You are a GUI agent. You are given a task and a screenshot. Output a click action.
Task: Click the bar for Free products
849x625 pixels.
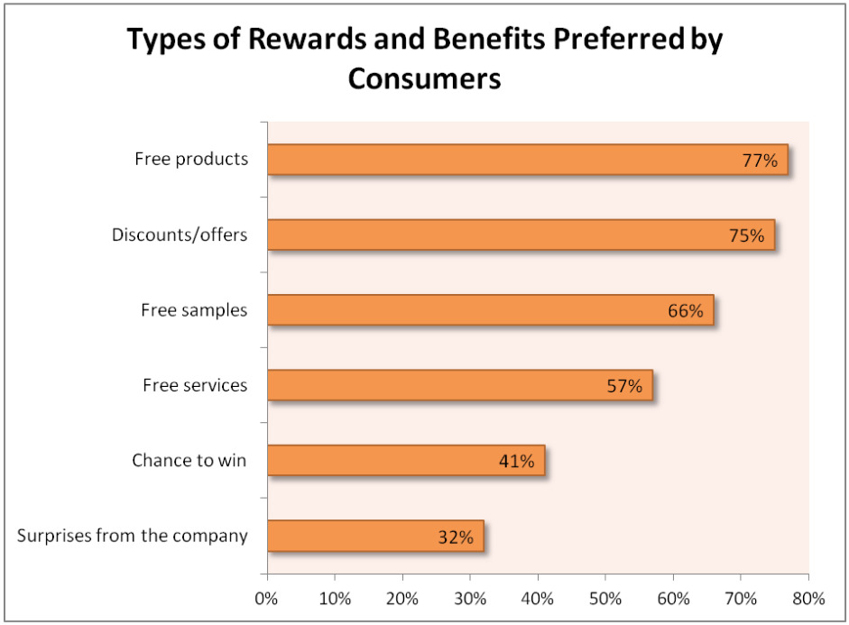point(527,160)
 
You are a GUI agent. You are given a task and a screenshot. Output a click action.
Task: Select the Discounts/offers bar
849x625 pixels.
point(521,235)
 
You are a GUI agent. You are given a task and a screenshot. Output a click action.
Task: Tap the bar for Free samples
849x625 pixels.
point(490,310)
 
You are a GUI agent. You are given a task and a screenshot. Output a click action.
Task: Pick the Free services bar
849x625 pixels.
point(459,385)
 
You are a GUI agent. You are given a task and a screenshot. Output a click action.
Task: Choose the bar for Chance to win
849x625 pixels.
point(405,461)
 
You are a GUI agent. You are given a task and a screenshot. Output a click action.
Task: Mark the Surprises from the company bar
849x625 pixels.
point(374,536)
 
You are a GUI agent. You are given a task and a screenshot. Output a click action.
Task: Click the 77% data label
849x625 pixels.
point(760,161)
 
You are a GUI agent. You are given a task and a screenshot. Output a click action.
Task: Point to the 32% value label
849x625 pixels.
point(456,537)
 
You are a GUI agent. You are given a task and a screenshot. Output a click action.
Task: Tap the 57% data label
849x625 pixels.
point(624,386)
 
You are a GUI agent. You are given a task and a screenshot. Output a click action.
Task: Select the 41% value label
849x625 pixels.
point(516,462)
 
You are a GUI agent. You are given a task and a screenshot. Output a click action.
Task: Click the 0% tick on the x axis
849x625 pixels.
point(267,598)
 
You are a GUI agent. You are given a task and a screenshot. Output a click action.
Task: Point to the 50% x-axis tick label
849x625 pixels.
point(605,598)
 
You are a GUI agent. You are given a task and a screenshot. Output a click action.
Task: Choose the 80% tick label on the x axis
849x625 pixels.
point(808,598)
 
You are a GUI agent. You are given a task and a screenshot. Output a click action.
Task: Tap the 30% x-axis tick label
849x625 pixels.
point(470,598)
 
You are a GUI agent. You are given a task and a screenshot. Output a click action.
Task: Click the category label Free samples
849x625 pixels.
point(194,310)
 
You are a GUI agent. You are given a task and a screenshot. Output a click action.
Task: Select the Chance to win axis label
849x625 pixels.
point(189,461)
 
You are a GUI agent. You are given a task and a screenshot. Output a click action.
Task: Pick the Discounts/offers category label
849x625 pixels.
point(180,235)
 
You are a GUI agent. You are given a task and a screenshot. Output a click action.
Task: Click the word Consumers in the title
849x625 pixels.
point(424,78)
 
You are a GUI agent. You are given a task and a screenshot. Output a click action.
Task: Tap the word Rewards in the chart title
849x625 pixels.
point(267,40)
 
